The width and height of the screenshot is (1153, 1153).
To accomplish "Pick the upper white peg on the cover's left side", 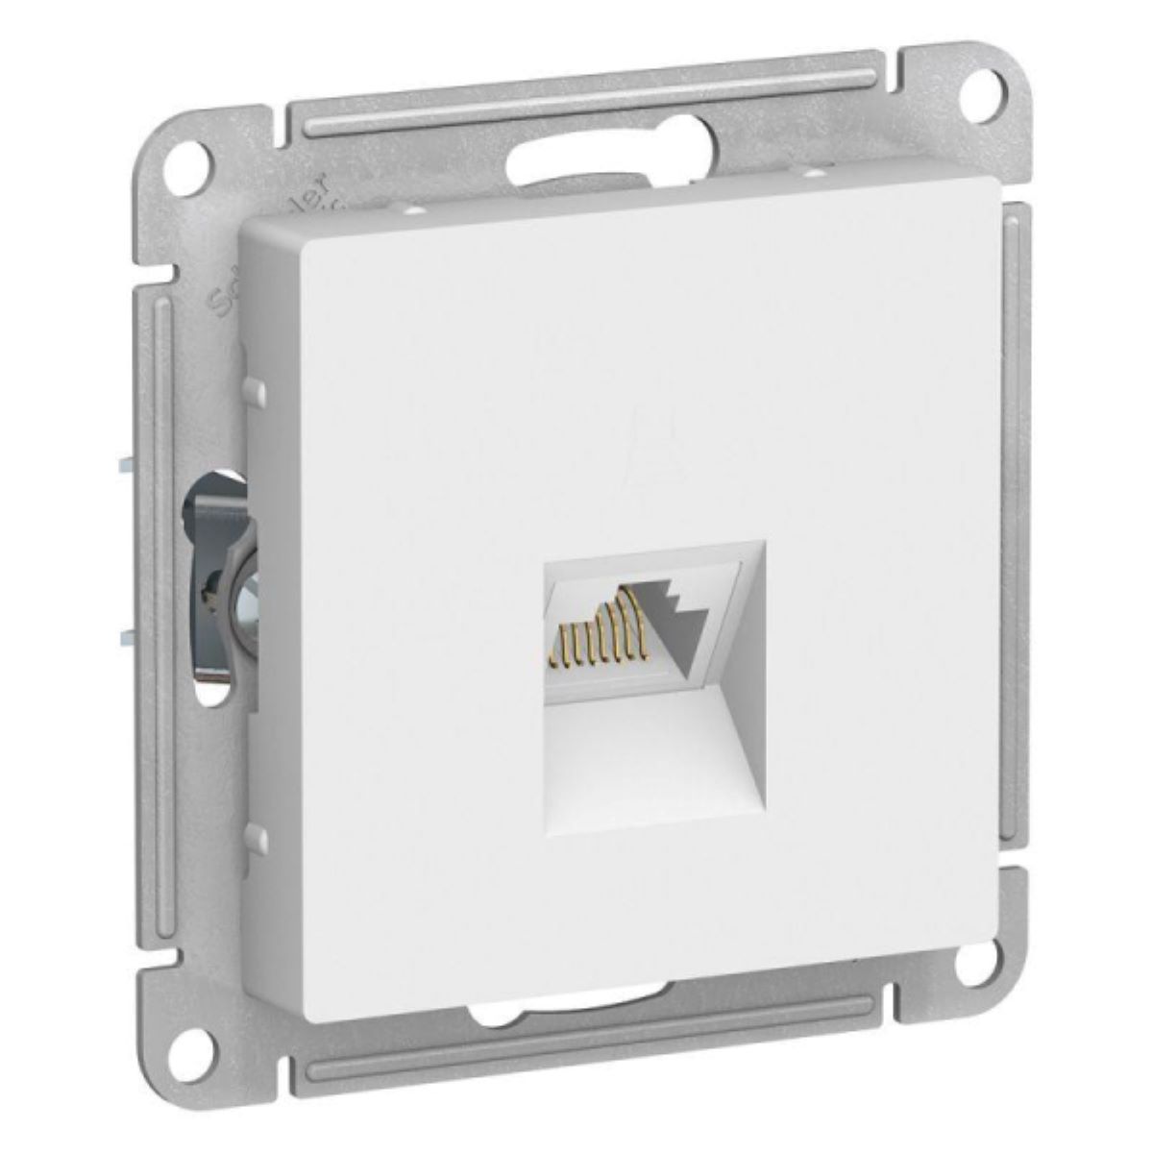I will click(255, 388).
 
